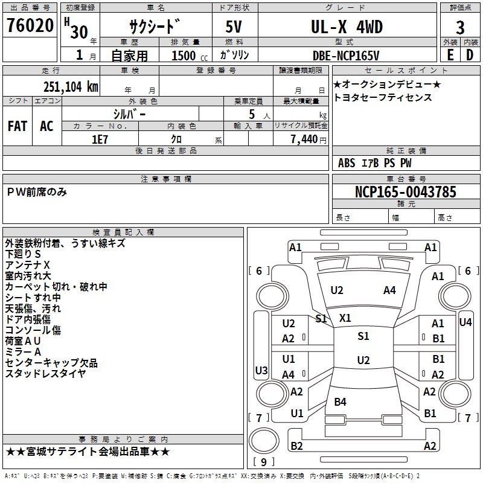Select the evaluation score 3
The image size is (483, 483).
[460, 28]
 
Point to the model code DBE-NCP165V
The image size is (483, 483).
[346, 55]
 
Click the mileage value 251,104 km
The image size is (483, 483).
[71, 86]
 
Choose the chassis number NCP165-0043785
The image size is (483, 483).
[406, 192]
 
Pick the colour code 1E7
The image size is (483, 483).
[100, 138]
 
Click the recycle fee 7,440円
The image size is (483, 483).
[309, 139]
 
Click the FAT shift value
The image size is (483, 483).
[17, 126]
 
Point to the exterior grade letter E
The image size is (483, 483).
[450, 55]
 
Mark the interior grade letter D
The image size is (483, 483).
[469, 55]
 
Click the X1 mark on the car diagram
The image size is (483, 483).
[345, 318]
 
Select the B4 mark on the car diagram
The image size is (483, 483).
[340, 401]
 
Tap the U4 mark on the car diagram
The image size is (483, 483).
[465, 322]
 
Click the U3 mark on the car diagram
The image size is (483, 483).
[261, 370]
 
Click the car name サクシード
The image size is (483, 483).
[155, 27]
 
